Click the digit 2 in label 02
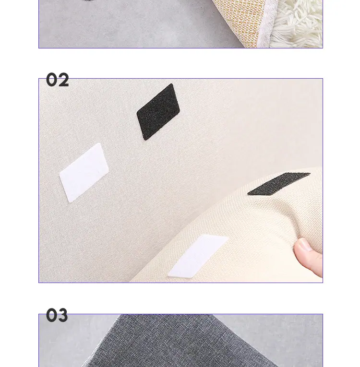point(63,80)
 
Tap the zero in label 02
point(52,80)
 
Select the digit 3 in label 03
point(62,315)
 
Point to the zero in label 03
point(52,315)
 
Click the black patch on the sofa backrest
point(158,112)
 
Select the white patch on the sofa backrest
point(84,173)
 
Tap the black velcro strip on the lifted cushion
point(279,184)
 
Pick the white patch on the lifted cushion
point(198,256)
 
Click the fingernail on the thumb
point(304,245)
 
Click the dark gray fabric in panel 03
point(178,342)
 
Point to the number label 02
point(58,80)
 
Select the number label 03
point(57,315)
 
